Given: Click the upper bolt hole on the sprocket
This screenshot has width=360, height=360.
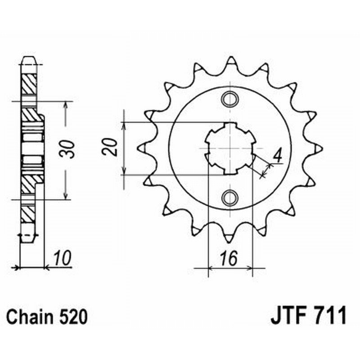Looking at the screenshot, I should [230, 98].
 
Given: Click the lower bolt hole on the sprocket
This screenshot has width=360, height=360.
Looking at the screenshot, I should [230, 197].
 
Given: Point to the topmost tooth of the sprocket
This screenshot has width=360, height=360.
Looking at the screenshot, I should [230, 60].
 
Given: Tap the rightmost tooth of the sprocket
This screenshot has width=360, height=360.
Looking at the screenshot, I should [319, 148].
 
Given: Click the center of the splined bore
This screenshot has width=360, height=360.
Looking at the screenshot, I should [230, 148].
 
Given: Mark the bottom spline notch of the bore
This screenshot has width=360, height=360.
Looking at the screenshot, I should [230, 171].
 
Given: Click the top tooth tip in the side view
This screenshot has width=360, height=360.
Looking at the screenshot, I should [28, 58].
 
